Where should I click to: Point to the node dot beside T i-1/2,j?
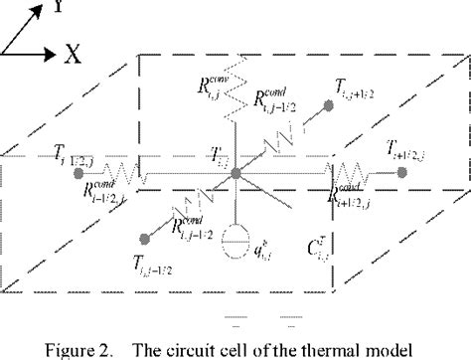click(78, 172)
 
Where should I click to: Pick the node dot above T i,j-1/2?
click(146, 238)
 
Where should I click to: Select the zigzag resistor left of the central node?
click(128, 176)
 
